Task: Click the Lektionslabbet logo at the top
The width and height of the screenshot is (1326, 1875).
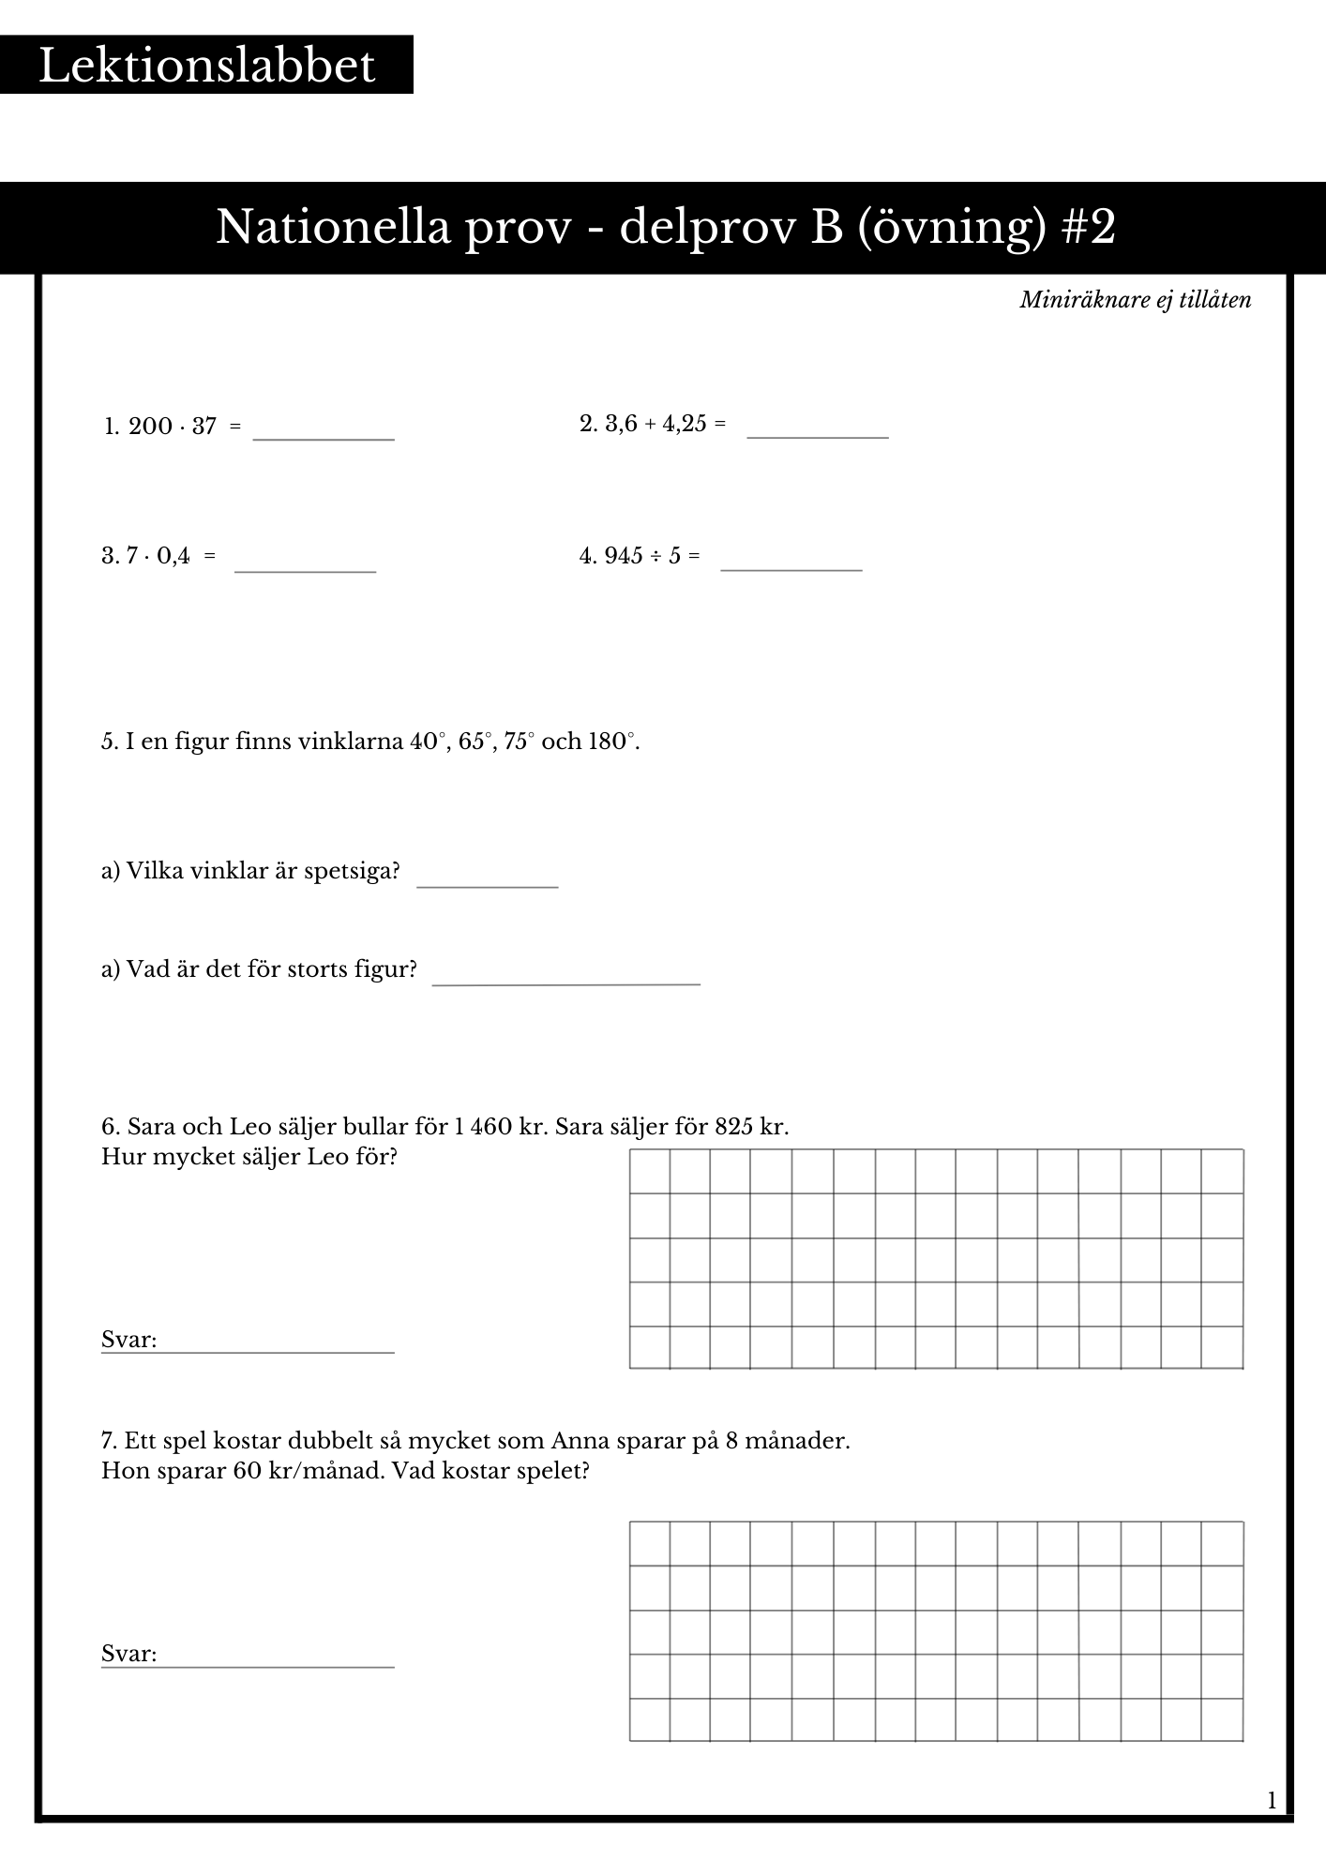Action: coord(206,66)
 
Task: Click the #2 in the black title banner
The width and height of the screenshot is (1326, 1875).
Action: coord(1090,227)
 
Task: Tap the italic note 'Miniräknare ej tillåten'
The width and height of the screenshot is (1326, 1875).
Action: coord(1135,300)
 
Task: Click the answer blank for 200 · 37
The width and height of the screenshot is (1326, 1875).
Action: coord(324,433)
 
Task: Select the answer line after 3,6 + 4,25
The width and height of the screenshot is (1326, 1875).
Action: coord(817,431)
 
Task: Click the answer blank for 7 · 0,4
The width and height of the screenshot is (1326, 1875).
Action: coord(305,564)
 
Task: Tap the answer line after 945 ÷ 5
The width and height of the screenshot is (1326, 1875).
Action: coord(791,563)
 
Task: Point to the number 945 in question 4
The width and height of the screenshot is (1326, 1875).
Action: coord(624,556)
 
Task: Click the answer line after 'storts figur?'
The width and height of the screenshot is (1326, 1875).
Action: coord(565,978)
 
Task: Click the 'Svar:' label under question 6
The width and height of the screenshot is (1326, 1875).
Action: coord(128,1340)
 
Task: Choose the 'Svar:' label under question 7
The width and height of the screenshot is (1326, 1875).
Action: coord(128,1654)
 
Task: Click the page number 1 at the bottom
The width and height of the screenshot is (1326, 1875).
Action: coord(1272,1800)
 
